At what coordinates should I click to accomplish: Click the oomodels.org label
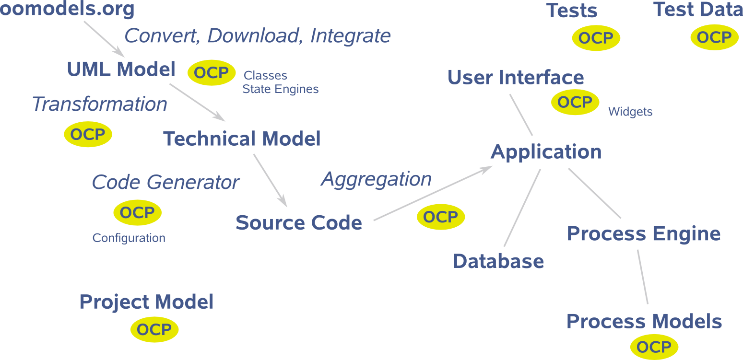67,9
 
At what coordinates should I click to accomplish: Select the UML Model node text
121,70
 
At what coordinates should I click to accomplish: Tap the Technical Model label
242,139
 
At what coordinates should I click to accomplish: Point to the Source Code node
298,223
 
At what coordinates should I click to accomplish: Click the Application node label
546,152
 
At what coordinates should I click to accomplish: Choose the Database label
498,261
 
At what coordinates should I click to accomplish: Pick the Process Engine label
644,234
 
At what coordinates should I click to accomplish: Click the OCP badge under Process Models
654,347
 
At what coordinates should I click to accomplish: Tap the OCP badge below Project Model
154,329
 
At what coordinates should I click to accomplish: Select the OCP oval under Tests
596,38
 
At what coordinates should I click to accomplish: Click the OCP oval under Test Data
714,37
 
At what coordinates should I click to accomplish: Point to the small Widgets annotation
630,112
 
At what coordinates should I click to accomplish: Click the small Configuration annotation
129,238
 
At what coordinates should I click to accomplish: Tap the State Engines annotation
280,89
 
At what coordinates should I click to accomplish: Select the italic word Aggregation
376,179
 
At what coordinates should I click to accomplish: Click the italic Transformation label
99,104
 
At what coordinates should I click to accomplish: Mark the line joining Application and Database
522,208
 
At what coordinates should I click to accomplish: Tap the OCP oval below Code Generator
137,213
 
